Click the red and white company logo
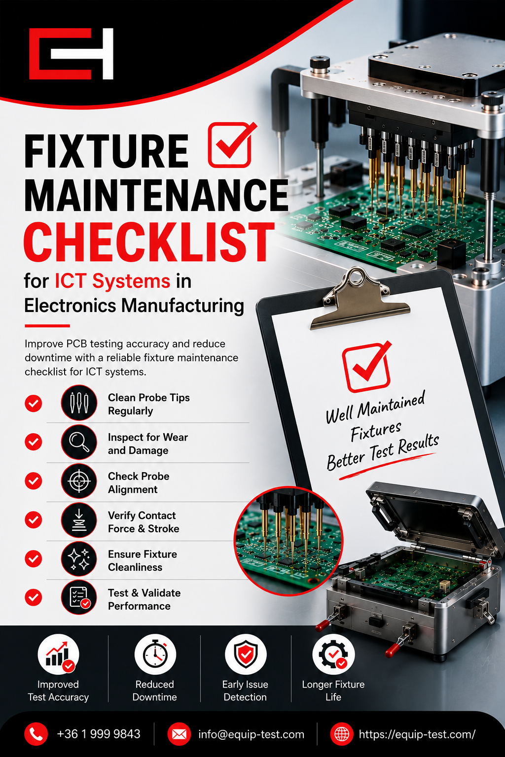(x=71, y=54)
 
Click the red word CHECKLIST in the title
(x=149, y=242)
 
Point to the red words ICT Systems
(x=112, y=281)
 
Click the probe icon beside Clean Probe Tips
(x=79, y=403)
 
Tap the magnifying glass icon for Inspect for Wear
(x=79, y=442)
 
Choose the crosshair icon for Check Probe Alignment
(x=79, y=481)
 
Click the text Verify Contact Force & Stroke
(x=144, y=522)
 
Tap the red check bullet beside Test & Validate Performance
(x=33, y=597)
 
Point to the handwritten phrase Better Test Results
(x=383, y=452)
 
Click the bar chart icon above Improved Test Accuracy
(x=59, y=654)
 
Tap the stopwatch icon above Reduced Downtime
(x=155, y=654)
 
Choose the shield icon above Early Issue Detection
(x=246, y=654)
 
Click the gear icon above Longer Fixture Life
(x=333, y=654)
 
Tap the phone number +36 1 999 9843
(x=99, y=734)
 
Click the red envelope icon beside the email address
(x=179, y=734)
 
